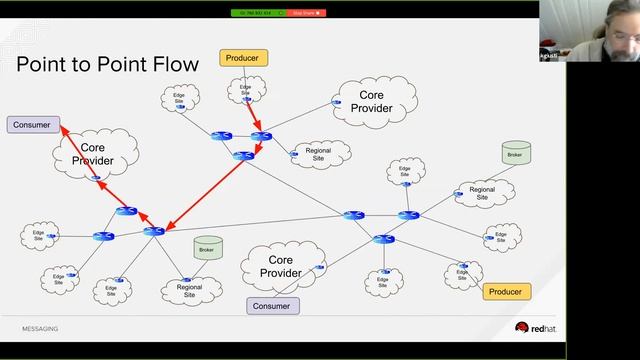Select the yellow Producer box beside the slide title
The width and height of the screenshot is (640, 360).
(x=241, y=58)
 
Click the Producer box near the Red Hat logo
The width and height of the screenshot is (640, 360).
(x=507, y=291)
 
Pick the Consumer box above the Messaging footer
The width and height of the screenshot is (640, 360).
(x=273, y=306)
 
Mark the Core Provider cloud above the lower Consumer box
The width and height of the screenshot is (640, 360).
(x=280, y=266)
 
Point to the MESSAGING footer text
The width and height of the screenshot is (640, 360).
(x=40, y=328)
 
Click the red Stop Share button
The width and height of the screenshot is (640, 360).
(x=307, y=13)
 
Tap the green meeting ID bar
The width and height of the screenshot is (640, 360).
(x=258, y=13)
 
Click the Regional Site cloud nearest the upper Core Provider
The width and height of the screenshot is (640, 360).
(x=318, y=154)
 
